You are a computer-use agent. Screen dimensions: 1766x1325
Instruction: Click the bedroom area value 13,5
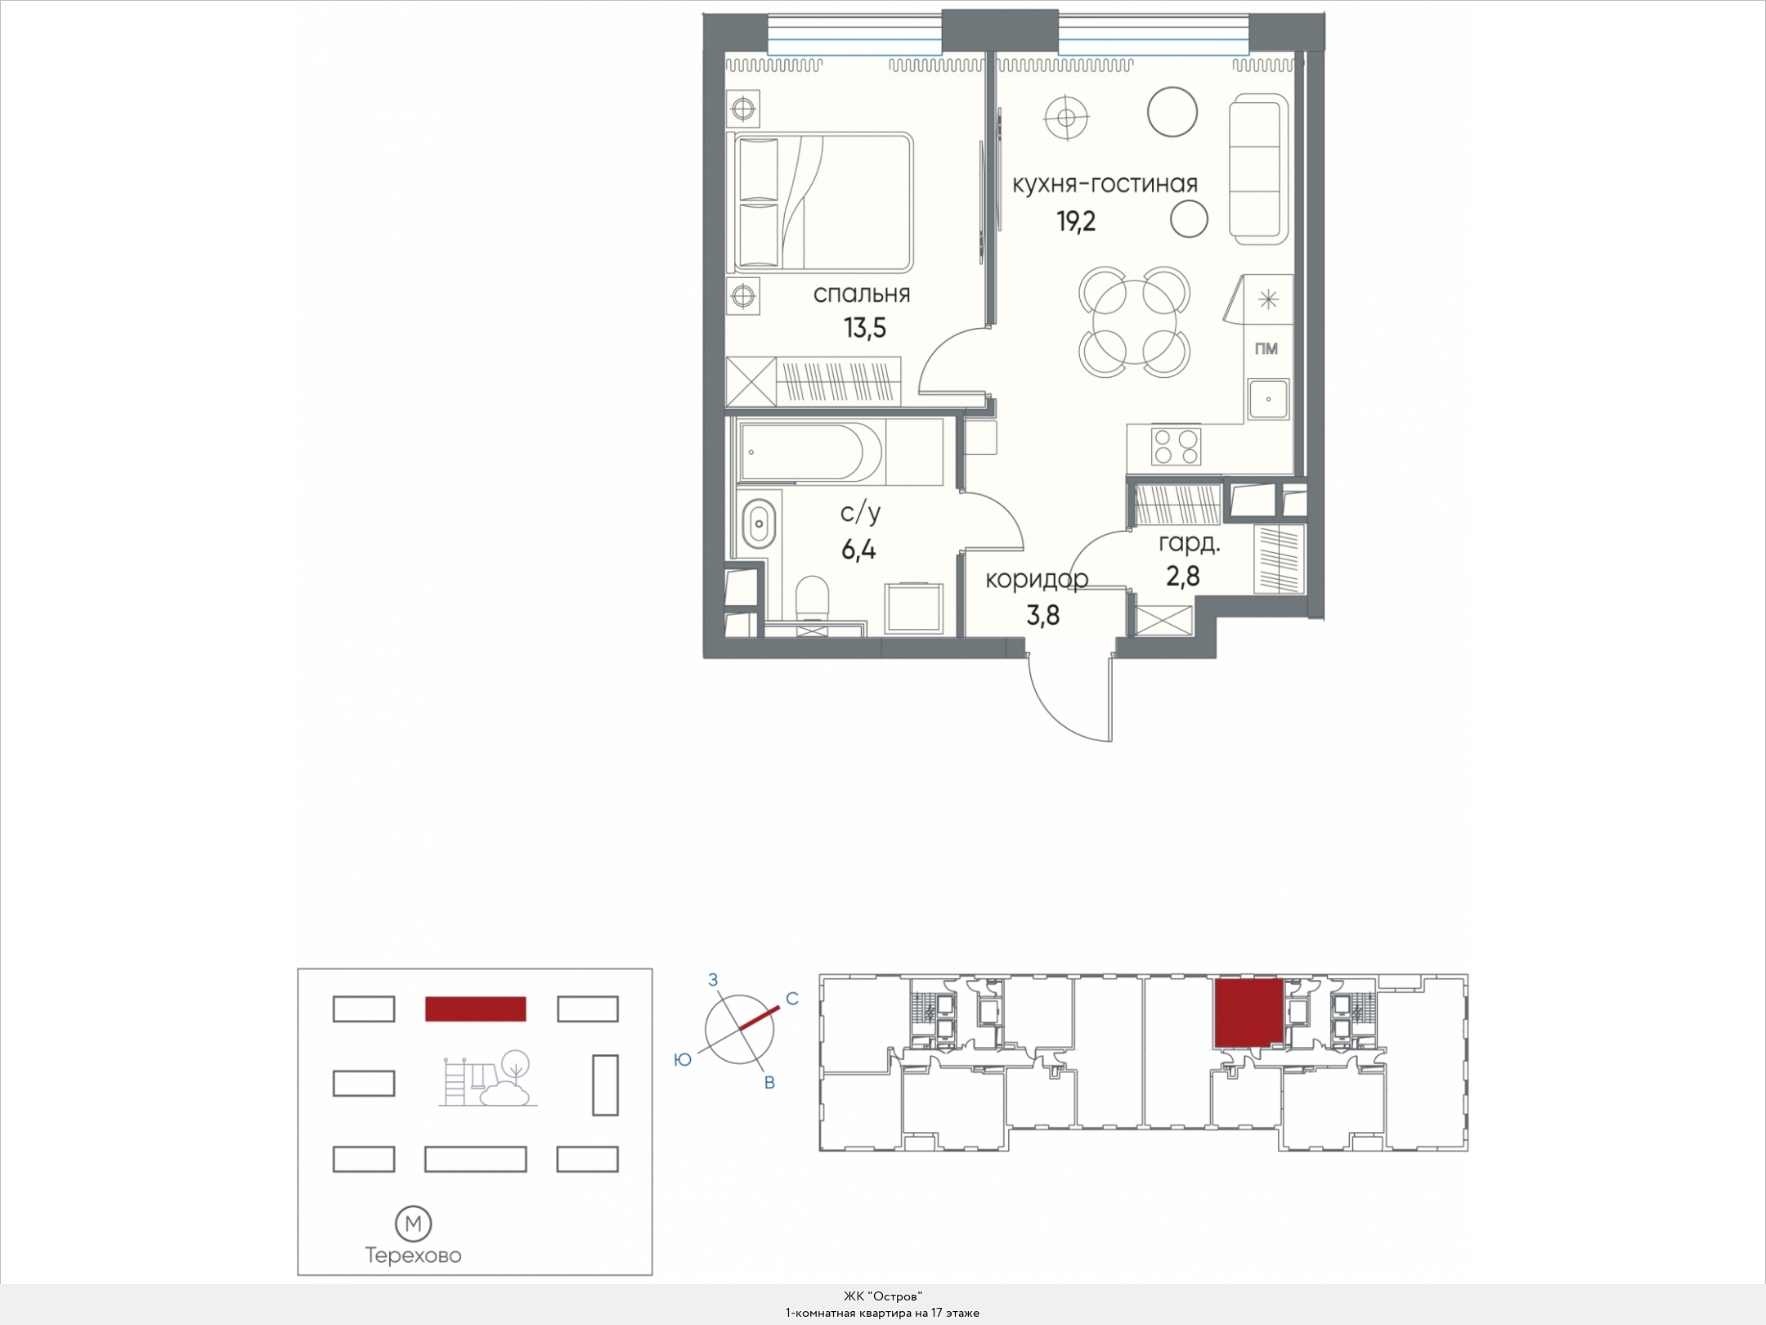pyautogui.click(x=865, y=329)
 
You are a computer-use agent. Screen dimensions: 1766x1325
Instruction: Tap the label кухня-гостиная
pyautogui.click(x=1105, y=185)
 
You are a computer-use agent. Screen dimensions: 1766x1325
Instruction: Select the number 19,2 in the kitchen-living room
pyautogui.click(x=1077, y=222)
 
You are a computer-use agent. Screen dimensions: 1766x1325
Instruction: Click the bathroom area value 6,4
pyautogui.click(x=858, y=550)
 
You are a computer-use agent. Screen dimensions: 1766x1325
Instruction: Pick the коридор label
pyautogui.click(x=1037, y=580)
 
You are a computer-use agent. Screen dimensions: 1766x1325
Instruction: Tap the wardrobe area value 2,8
pyautogui.click(x=1182, y=577)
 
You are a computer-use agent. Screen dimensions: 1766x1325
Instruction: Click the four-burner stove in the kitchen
pyautogui.click(x=1176, y=446)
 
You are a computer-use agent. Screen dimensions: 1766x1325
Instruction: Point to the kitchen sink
pyautogui.click(x=1268, y=399)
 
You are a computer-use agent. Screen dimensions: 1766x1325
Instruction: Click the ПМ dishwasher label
pyautogui.click(x=1266, y=349)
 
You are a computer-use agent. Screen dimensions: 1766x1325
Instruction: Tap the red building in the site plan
pyautogui.click(x=475, y=1008)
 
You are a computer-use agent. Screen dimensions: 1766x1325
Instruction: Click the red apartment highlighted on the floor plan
pyautogui.click(x=1246, y=1013)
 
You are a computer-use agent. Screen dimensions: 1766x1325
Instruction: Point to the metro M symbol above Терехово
pyautogui.click(x=414, y=1224)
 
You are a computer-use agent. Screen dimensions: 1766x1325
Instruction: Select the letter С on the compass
pyautogui.click(x=791, y=999)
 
